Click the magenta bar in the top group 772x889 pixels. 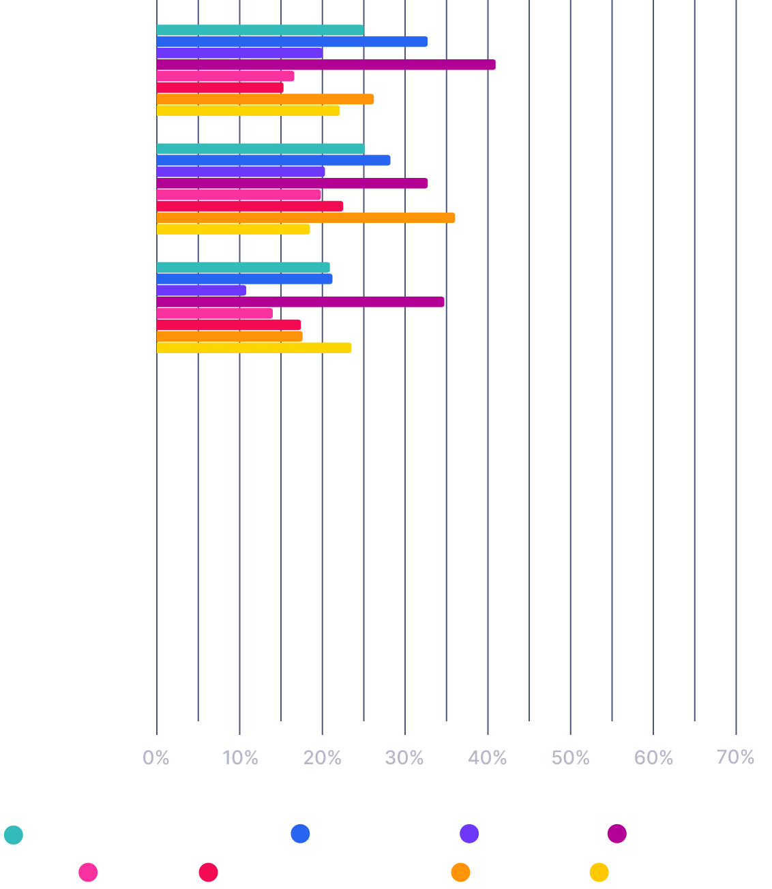tap(326, 65)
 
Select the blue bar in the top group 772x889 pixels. tap(292, 42)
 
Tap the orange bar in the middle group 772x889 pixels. tap(306, 217)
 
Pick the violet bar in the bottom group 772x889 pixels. tap(201, 290)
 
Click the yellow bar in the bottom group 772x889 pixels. tap(254, 348)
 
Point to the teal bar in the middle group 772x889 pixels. tap(261, 149)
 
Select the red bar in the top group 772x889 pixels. tap(220, 87)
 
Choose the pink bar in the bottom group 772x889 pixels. tap(214, 314)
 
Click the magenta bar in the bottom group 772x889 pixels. tap(300, 302)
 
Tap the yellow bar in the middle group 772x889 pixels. tap(233, 229)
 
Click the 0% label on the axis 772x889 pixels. tap(156, 757)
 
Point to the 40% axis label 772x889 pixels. tap(488, 757)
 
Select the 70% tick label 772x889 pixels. tap(735, 757)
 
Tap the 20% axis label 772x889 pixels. tap(322, 757)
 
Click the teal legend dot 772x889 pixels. tap(14, 834)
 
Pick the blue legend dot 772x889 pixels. tap(300, 833)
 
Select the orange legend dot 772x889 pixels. tap(460, 872)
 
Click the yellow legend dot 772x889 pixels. tap(599, 872)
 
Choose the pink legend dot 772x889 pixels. tap(88, 872)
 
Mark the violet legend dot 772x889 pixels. tap(469, 833)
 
